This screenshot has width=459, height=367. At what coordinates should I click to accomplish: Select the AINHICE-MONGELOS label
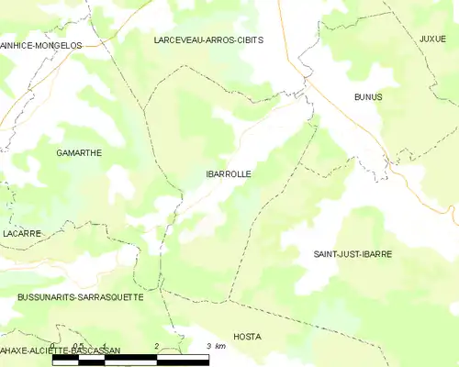point(41,45)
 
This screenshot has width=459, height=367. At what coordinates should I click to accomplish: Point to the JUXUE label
point(432,39)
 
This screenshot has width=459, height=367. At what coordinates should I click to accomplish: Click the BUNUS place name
point(368,96)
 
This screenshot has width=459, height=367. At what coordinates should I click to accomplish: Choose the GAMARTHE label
point(79,153)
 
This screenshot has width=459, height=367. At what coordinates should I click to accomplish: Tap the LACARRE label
point(21,234)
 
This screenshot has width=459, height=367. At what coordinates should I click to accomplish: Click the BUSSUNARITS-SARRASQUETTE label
point(80,298)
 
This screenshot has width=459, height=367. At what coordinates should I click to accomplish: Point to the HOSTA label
point(247,337)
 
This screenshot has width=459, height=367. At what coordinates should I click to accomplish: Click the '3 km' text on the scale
point(217,346)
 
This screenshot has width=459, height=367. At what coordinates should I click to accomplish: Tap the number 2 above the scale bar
point(157,346)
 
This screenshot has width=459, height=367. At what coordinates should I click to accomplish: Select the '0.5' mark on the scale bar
point(79,346)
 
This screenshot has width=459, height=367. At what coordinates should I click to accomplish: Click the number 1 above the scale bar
point(105,346)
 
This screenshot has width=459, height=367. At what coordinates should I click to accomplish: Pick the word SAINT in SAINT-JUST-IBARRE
point(326,254)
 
